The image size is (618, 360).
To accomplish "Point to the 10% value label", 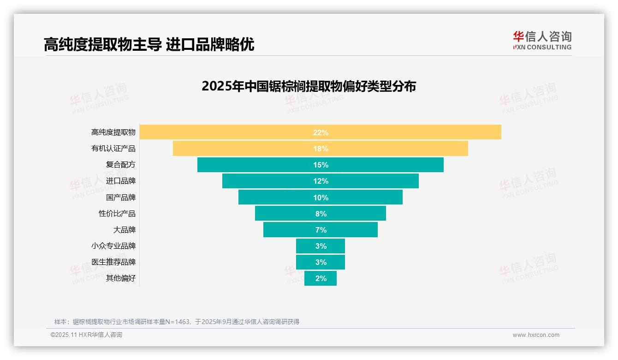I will [x=321, y=198].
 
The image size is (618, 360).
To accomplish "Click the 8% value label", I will [x=321, y=214].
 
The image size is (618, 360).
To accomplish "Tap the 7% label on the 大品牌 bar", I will [x=321, y=230].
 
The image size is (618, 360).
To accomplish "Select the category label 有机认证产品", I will [x=113, y=149].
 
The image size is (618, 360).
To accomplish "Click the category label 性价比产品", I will [x=117, y=214].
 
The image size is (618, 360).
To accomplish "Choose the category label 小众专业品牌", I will [x=113, y=246].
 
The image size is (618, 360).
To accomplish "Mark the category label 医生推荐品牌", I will [x=113, y=262].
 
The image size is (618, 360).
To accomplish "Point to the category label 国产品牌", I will [x=121, y=198].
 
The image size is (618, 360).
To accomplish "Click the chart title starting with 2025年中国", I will [x=309, y=86].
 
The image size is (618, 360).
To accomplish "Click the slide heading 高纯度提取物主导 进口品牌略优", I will [x=149, y=45].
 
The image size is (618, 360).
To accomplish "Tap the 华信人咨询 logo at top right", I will [x=542, y=40].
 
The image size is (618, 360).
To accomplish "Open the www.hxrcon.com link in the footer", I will [x=536, y=335].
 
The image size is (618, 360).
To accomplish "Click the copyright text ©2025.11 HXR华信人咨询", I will [x=86, y=335].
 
